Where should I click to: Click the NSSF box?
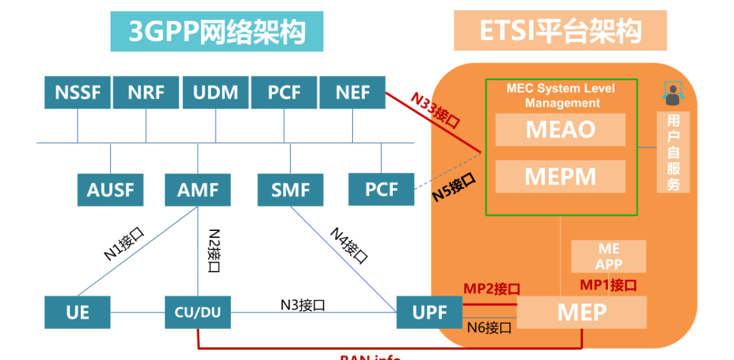(77, 92)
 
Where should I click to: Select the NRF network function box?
(146, 92)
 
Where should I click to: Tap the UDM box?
(215, 92)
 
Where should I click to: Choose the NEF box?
(353, 92)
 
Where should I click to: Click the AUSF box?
(111, 190)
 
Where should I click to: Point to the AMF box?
(198, 190)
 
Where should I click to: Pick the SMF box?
(290, 190)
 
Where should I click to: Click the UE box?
(78, 312)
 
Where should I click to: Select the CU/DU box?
(198, 312)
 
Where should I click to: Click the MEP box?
(582, 312)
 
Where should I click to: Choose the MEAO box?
(560, 130)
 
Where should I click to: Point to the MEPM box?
(560, 177)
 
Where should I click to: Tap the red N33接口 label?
(436, 111)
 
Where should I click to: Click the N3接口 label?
(302, 304)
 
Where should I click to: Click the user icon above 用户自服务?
(673, 94)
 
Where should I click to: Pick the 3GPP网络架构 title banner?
(217, 31)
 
